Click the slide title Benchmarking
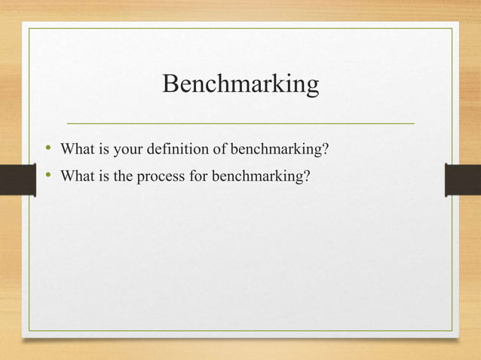point(240,84)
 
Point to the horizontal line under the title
point(240,122)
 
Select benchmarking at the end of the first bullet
point(277,149)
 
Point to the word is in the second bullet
point(103,177)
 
